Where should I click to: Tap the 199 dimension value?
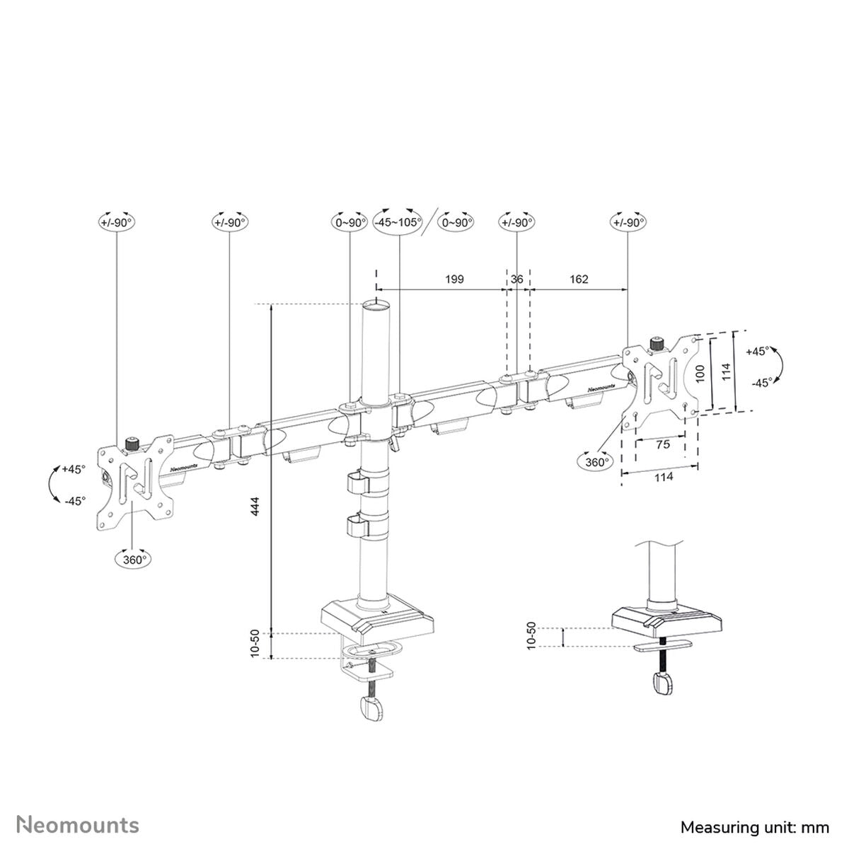pyautogui.click(x=455, y=279)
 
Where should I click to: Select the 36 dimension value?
pyautogui.click(x=517, y=279)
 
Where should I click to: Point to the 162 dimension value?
pyautogui.click(x=579, y=279)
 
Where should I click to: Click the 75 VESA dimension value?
pyautogui.click(x=662, y=444)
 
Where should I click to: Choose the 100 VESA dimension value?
pyautogui.click(x=700, y=373)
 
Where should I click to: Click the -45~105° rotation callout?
pyautogui.click(x=398, y=221)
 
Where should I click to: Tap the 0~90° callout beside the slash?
pyautogui.click(x=456, y=221)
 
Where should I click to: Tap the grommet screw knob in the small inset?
pyautogui.click(x=663, y=685)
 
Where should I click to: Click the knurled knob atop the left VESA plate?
pyautogui.click(x=131, y=445)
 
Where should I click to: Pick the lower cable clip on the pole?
pyautogui.click(x=358, y=526)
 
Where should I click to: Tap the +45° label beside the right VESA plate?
pyautogui.click(x=757, y=351)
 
